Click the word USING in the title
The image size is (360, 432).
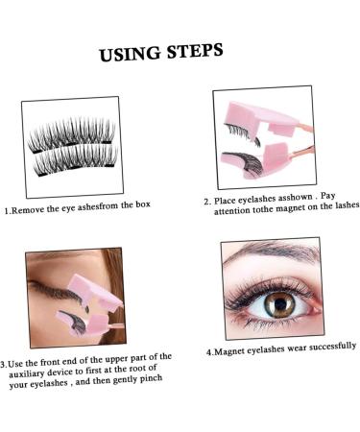130,55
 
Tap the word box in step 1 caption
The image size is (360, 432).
143,204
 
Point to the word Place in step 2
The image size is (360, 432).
225,201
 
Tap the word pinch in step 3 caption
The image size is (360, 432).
151,379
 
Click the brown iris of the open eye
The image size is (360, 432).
279,304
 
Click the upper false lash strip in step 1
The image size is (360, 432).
71,134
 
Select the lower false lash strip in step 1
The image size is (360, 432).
76,159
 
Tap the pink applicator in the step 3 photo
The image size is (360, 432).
93,304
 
